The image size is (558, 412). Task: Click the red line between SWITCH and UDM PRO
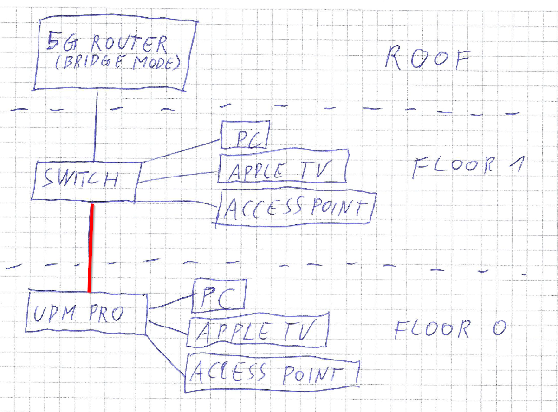91,246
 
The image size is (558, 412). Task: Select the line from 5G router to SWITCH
96,125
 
